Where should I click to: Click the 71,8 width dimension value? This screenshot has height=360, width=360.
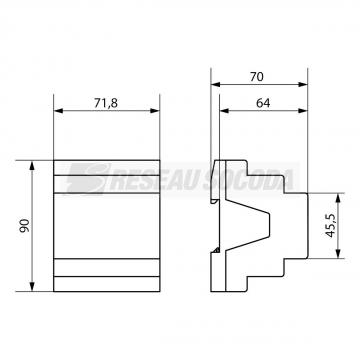106,103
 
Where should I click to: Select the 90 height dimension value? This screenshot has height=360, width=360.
25,226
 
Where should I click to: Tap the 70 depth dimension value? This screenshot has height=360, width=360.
257,77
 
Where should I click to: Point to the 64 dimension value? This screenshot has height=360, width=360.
263,103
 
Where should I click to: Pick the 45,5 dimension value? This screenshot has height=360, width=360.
330,226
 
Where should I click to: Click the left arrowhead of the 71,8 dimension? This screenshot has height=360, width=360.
58,111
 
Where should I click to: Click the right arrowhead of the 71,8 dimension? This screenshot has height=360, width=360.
155,111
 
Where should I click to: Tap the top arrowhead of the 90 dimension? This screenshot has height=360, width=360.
32,165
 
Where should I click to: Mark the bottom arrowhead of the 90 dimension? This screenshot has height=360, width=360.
32,287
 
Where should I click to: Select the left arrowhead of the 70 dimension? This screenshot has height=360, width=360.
216,84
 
